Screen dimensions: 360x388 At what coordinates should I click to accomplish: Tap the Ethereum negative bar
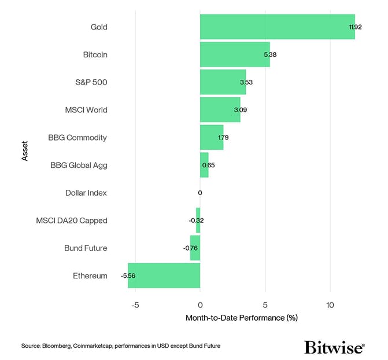click(x=164, y=275)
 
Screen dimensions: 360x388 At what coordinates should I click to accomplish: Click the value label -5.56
click(x=128, y=276)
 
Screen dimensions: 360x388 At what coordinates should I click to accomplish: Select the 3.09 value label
click(x=240, y=110)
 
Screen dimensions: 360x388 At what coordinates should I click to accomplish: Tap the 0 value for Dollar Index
click(x=200, y=193)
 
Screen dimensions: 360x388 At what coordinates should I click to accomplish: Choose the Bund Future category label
click(x=86, y=248)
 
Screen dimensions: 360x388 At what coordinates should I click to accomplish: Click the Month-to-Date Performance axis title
click(x=241, y=318)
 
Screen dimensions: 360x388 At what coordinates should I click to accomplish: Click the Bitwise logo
click(x=334, y=347)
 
